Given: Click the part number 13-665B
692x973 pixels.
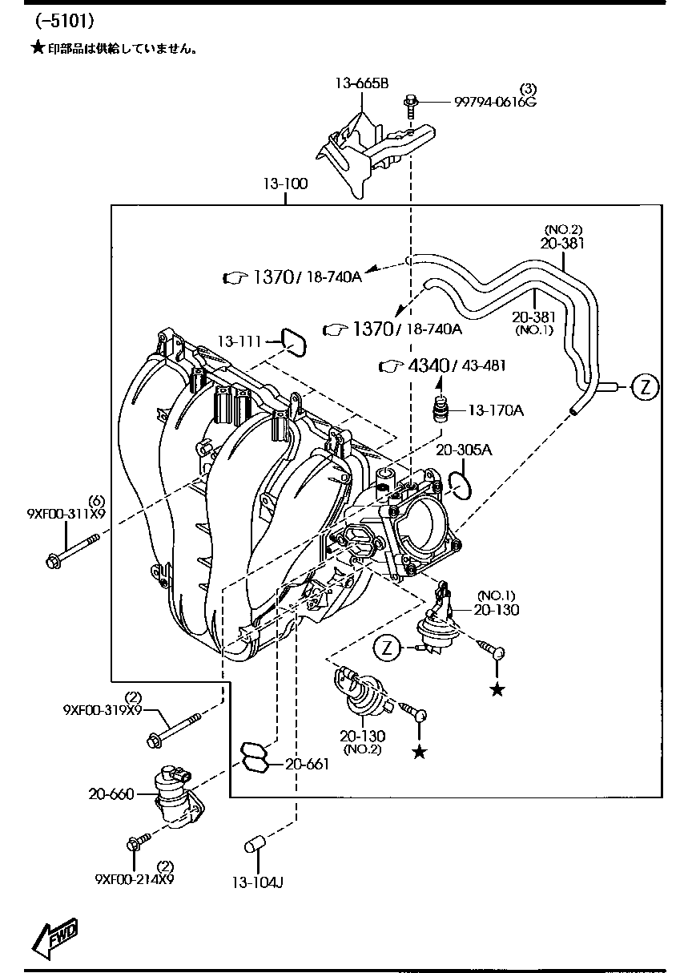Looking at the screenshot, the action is coord(362,83).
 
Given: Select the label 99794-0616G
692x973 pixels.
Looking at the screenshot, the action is coord(495,102).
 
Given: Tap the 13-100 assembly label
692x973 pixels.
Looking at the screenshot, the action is coord(285,184).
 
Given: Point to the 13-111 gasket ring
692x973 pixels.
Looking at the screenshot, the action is coord(293,343).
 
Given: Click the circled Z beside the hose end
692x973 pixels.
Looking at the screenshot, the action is coord(645,386).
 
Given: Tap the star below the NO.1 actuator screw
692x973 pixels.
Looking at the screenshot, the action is coord(497,689).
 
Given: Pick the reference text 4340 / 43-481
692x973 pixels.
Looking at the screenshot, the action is coord(457,365).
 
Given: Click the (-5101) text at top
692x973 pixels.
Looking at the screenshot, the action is coord(64,21).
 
